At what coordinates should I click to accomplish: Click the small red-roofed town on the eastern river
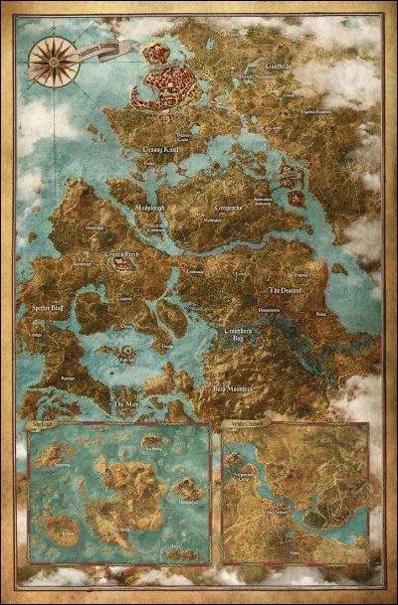292,179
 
